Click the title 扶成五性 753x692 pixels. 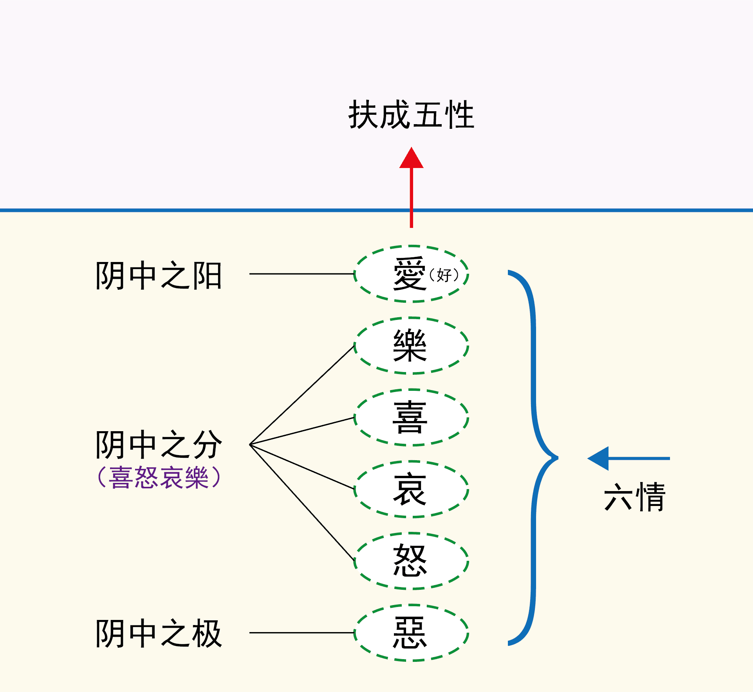412,114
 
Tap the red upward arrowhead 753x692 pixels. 411,158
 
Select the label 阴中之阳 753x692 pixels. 159,276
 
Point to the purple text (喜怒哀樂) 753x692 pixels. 159,477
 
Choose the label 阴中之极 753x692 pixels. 159,634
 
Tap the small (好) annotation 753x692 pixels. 444,275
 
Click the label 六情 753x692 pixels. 635,497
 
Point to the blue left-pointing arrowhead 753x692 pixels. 598,458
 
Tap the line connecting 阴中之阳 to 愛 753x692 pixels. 302,274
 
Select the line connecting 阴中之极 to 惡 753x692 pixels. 302,632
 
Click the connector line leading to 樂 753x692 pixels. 302,395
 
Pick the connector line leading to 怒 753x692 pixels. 302,503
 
